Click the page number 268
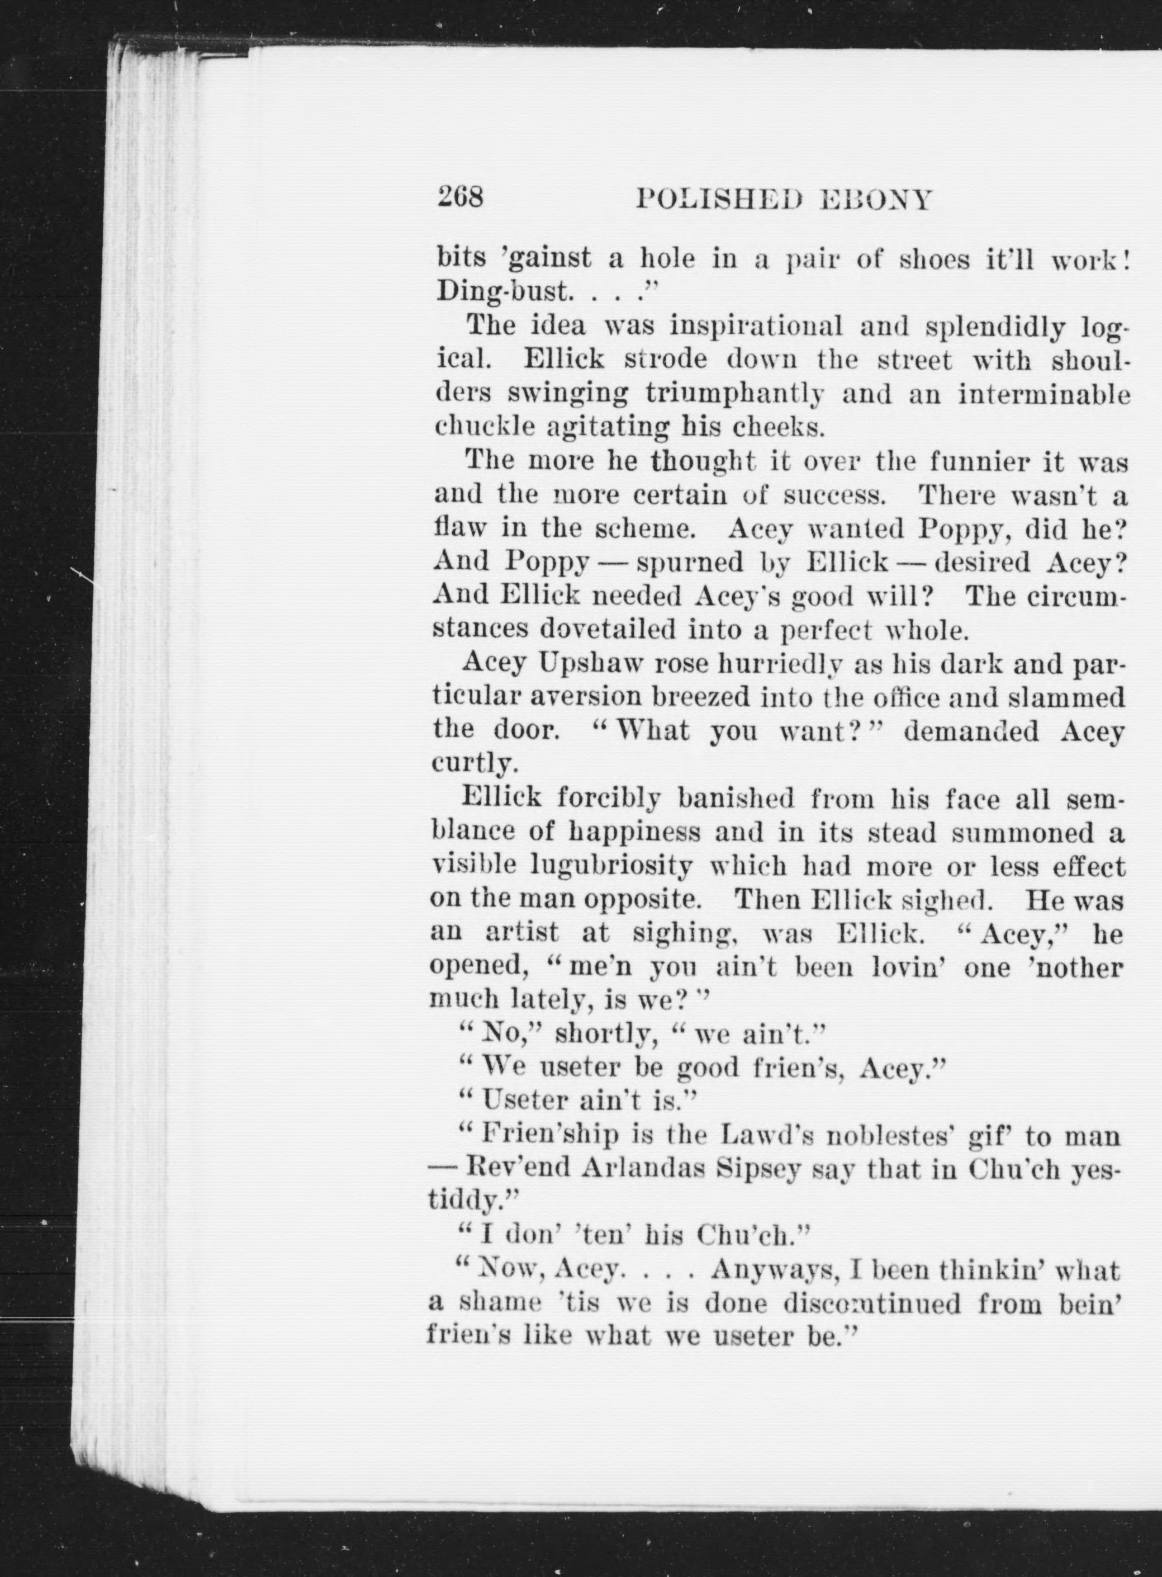tap(461, 197)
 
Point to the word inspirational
tap(756, 327)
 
